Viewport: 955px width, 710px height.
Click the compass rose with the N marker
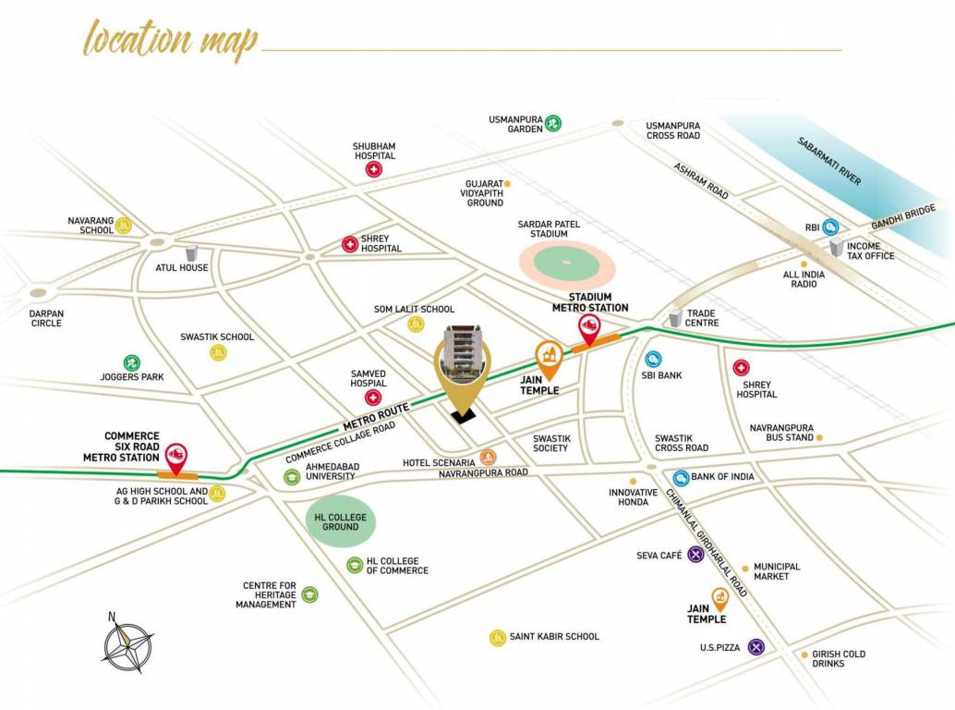click(x=127, y=644)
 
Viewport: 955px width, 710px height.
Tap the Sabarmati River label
click(x=828, y=161)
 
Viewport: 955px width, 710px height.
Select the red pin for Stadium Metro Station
click(x=587, y=326)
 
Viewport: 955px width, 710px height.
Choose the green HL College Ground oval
click(x=340, y=521)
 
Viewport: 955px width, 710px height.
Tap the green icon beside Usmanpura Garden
click(x=552, y=122)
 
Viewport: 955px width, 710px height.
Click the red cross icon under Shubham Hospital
click(x=373, y=170)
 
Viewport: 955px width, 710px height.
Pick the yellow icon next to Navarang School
click(x=123, y=225)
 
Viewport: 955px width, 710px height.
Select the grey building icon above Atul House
click(x=192, y=252)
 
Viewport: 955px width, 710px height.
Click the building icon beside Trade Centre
click(x=675, y=317)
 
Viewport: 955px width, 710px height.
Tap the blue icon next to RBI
click(x=831, y=226)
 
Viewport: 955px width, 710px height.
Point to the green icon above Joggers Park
click(x=132, y=362)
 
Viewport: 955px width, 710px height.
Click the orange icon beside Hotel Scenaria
click(x=488, y=457)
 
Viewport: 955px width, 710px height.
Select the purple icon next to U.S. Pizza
click(x=756, y=647)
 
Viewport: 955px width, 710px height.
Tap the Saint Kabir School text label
click(x=554, y=636)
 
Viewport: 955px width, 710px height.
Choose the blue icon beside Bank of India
click(x=681, y=477)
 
